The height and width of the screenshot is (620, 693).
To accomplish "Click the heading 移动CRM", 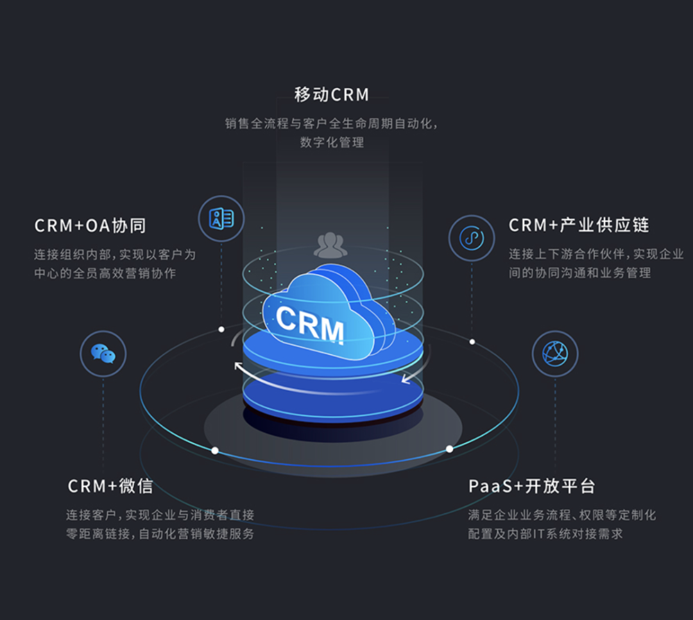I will pyautogui.click(x=332, y=95).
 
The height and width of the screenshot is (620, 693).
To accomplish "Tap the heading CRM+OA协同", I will pyautogui.click(x=90, y=226).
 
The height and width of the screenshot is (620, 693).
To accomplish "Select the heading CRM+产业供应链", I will pyautogui.click(x=579, y=225).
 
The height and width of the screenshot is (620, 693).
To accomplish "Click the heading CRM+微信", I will pyautogui.click(x=110, y=486).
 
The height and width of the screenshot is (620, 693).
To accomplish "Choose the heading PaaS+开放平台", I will pyautogui.click(x=532, y=486).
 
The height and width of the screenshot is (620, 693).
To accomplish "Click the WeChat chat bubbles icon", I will pyautogui.click(x=103, y=354).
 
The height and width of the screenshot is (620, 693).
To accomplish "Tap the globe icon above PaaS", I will pyautogui.click(x=555, y=354).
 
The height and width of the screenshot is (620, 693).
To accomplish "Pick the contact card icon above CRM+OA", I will pyautogui.click(x=221, y=219).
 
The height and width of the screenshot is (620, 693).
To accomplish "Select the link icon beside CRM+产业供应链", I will pyautogui.click(x=472, y=238).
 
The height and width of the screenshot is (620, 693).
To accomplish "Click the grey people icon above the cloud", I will pyautogui.click(x=330, y=245).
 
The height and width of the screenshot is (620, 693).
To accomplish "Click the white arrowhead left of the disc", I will pyautogui.click(x=238, y=367).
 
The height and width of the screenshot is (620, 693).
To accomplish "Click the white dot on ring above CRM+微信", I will pyautogui.click(x=215, y=451).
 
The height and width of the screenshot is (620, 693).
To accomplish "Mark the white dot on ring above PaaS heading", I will pyautogui.click(x=450, y=449).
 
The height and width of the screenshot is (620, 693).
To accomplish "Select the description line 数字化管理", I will pyautogui.click(x=332, y=142).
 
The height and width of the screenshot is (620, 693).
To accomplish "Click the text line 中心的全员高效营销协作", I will pyautogui.click(x=105, y=273).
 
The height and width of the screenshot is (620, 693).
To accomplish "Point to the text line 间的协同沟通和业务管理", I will pyautogui.click(x=580, y=273).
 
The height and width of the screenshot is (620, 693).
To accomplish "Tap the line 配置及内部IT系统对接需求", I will pyautogui.click(x=545, y=534).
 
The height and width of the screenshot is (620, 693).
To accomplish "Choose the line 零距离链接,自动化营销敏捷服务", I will pyautogui.click(x=160, y=534).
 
